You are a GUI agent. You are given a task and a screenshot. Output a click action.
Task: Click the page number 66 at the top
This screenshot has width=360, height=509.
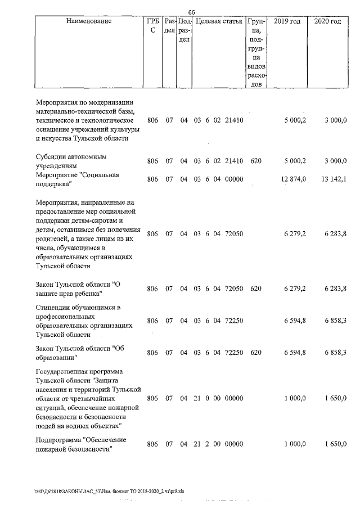pos(191,12)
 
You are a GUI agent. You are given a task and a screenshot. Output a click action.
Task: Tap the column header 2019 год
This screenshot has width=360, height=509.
pos(287,21)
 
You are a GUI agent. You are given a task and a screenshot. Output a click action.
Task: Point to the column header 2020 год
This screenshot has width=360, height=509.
pos(327,21)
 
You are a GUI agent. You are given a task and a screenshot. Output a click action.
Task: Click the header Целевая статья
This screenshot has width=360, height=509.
pos(218,21)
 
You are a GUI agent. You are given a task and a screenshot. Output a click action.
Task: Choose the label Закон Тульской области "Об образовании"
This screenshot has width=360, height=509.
pos(79,353)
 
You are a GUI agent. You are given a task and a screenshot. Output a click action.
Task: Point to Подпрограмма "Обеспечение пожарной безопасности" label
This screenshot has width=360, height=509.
pos(80,444)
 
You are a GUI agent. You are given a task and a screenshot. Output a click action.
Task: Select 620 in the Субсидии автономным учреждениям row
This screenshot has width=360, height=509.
pos(256,161)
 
